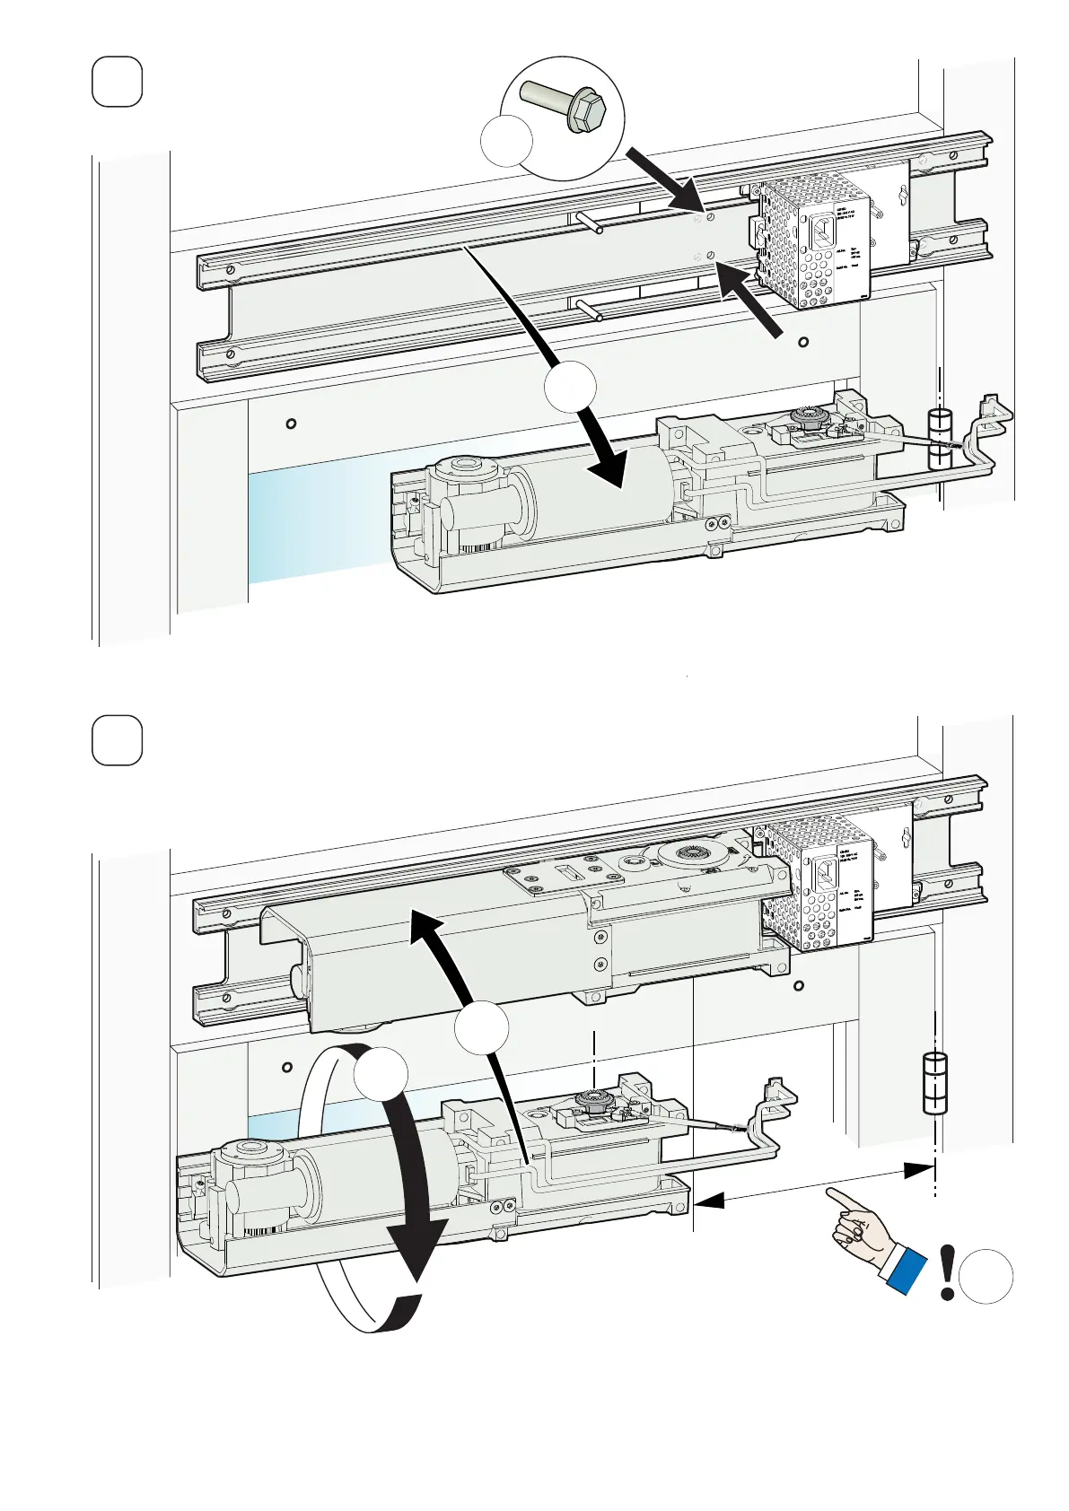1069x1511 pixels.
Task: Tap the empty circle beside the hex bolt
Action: click(x=507, y=141)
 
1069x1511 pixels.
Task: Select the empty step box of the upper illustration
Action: click(x=118, y=82)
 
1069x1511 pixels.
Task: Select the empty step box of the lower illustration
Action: click(x=118, y=740)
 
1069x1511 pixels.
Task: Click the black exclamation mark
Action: click(x=947, y=1272)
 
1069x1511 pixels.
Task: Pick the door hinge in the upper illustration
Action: click(x=938, y=440)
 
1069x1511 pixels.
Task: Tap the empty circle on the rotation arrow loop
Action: click(x=381, y=1074)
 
